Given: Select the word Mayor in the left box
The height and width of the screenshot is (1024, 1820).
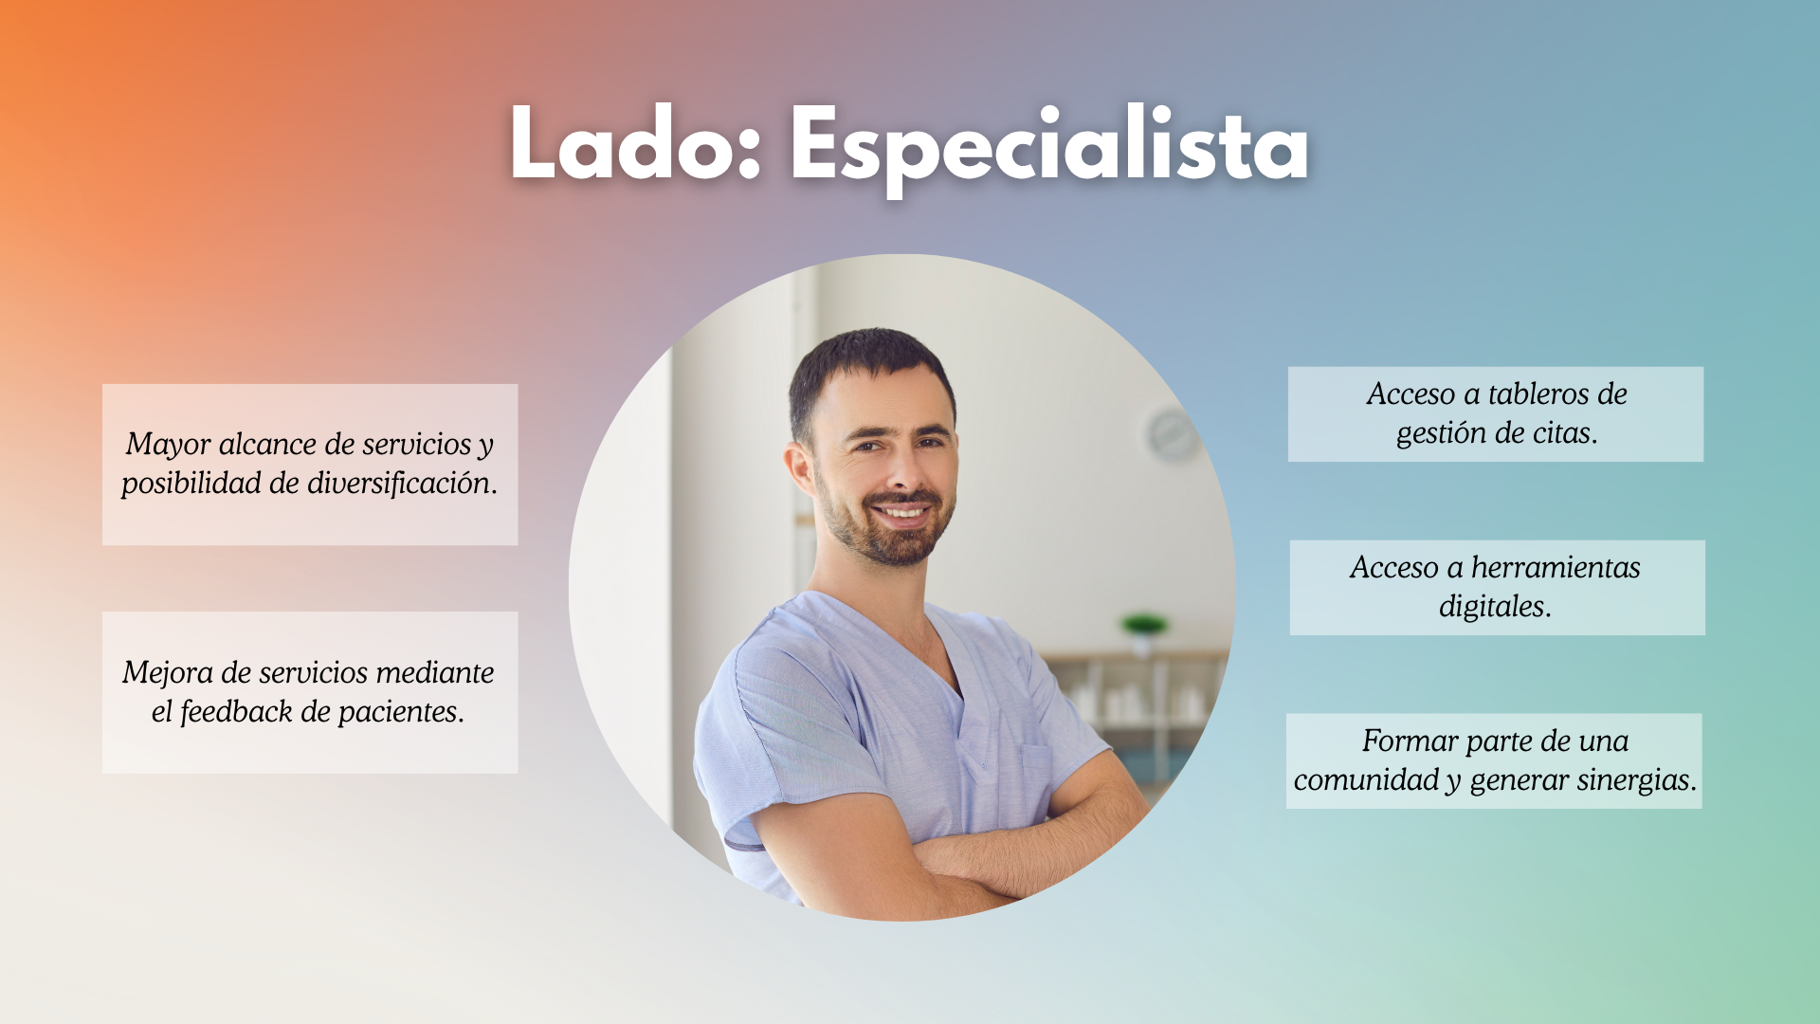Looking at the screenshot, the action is coord(168,446).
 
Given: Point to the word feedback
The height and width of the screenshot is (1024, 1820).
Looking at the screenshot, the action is coord(236,711).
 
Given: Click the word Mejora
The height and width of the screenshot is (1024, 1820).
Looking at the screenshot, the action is coord(168,674).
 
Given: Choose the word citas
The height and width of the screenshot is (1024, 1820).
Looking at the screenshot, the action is coord(1565,433).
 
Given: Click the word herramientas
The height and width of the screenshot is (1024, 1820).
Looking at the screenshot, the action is coord(1556,567).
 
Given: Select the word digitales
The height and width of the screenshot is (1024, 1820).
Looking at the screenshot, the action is coord(1495,607).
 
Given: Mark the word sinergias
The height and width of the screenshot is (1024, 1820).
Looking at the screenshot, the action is coord(1636,780).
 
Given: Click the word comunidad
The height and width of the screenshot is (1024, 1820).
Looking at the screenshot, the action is coord(1367,780).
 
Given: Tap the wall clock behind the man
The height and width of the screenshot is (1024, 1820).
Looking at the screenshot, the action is coord(1174,435).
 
